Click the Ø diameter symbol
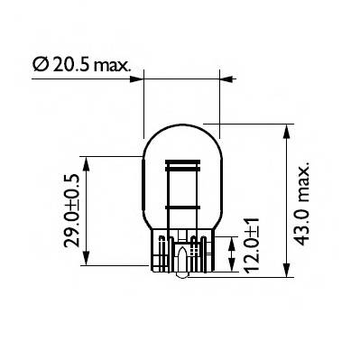click(39, 65)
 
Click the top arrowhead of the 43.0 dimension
click(286, 130)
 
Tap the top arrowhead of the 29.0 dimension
click(88, 160)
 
